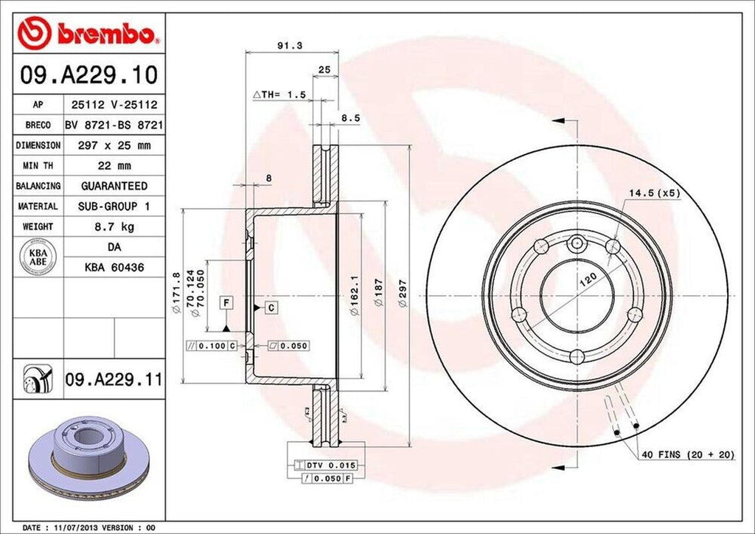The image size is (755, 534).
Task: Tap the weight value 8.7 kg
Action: [114, 226]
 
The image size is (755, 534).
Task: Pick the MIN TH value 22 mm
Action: [114, 166]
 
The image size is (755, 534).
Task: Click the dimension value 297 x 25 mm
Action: [114, 145]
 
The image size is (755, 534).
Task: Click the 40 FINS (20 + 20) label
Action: [687, 455]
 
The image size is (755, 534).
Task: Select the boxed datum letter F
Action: [226, 301]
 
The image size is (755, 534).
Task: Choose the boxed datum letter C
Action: [271, 306]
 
